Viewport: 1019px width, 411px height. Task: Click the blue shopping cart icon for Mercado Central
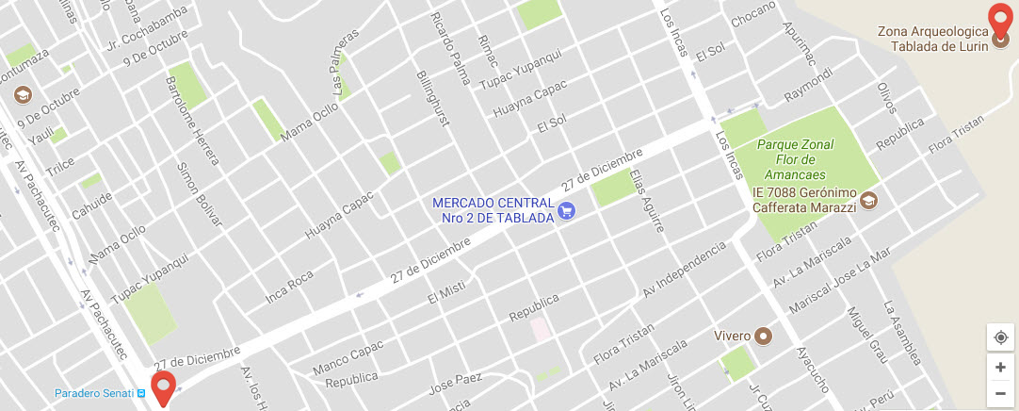click(x=566, y=211)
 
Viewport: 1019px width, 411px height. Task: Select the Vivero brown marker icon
click(x=764, y=336)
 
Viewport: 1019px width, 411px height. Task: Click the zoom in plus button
click(x=1000, y=367)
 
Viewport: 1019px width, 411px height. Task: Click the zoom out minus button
click(x=1000, y=393)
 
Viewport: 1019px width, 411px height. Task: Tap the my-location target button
click(x=1000, y=337)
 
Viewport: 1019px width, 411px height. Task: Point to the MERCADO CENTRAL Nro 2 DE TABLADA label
click(x=493, y=210)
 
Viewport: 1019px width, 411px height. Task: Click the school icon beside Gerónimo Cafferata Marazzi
click(x=868, y=200)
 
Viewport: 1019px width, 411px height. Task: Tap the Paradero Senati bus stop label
click(x=92, y=393)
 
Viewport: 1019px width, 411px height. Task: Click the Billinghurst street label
click(x=430, y=97)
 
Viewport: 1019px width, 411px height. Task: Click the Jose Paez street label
click(x=454, y=385)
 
